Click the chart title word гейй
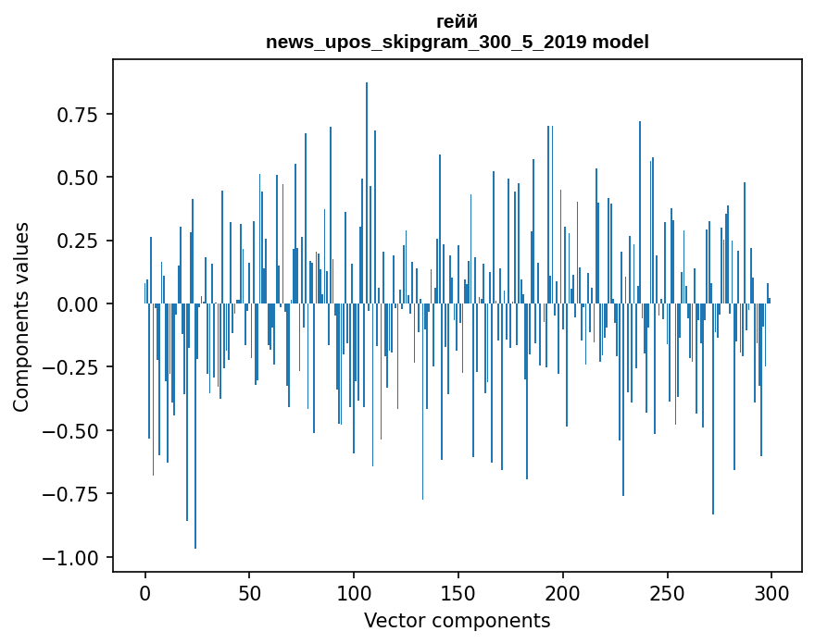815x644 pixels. coord(457,22)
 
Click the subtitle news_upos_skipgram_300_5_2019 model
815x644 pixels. coord(457,42)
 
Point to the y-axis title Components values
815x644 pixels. coord(21,316)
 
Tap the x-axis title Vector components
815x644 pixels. coord(457,621)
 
